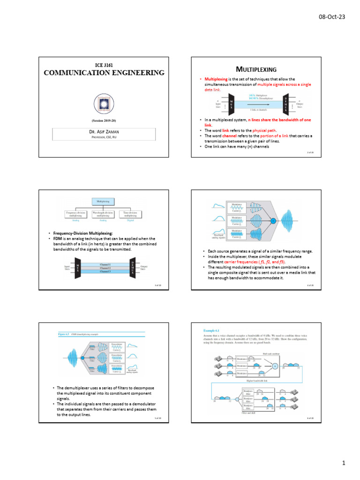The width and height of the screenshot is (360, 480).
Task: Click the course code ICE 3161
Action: pyautogui.click(x=104, y=65)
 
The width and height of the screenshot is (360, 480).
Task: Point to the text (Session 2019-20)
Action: pyautogui.click(x=104, y=120)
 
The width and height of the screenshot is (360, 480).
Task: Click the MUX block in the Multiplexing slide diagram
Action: pyautogui.click(x=231, y=104)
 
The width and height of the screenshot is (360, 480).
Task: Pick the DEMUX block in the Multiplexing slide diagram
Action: pyautogui.click(x=286, y=104)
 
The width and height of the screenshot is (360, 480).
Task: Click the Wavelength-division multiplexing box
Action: pyautogui.click(x=104, y=214)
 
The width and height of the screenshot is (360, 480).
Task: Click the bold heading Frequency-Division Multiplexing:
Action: pyautogui.click(x=82, y=233)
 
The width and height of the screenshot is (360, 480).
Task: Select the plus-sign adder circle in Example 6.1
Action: pyautogui.click(x=276, y=365)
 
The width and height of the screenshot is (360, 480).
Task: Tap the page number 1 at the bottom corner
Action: pyautogui.click(x=343, y=464)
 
